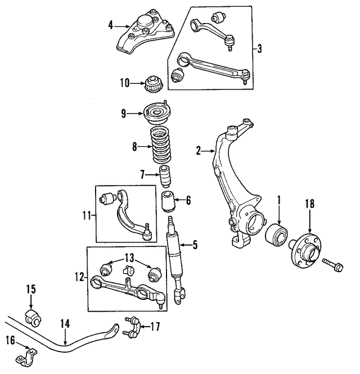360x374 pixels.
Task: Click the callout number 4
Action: coord(111,24)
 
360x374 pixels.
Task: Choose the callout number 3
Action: coord(260,48)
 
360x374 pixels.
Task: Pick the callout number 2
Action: coord(197,150)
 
